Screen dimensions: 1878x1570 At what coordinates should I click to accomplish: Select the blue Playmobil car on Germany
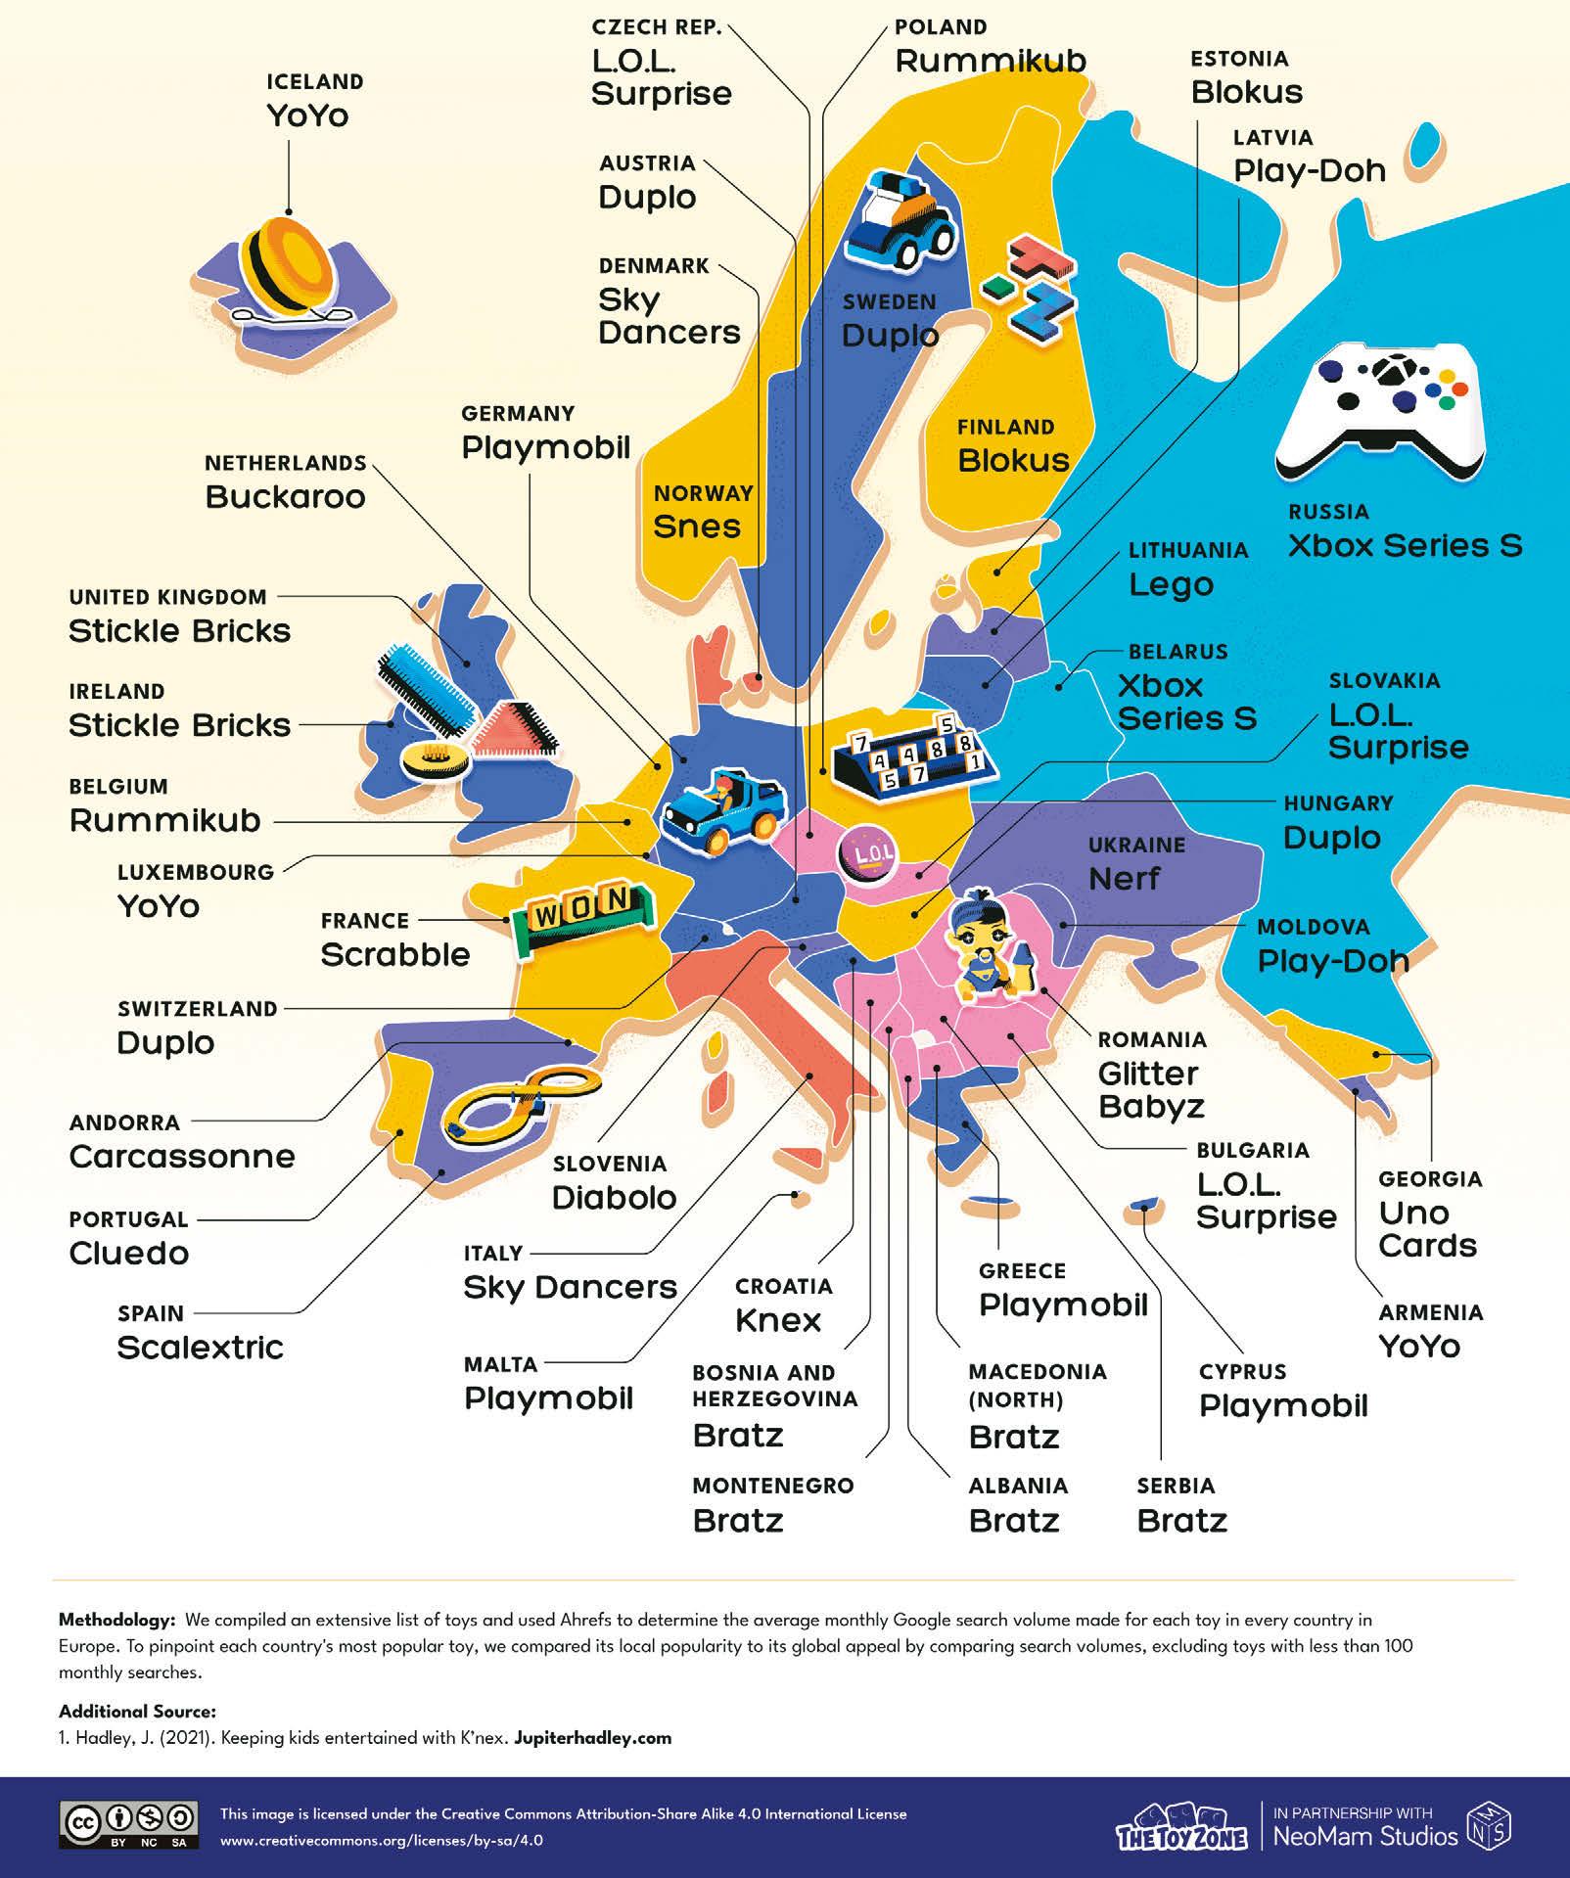pos(722,810)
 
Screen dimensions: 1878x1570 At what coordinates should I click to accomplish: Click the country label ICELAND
pos(314,82)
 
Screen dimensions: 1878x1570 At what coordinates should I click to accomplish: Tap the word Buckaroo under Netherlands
pos(285,497)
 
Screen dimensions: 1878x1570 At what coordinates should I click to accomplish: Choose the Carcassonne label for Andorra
pos(182,1157)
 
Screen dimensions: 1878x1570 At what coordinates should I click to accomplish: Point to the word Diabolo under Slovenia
pos(614,1198)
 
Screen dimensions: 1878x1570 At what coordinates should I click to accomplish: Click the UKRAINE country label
pos(1136,846)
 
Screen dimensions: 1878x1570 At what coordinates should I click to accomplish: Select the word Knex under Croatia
pos(777,1321)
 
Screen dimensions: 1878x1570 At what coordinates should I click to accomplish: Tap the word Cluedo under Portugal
pos(128,1254)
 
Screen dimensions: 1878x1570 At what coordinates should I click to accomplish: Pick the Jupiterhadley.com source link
pos(592,1738)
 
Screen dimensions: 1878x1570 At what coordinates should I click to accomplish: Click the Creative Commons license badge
pos(129,1825)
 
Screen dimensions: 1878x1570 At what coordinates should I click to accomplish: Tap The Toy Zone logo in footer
pos(1181,1826)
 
